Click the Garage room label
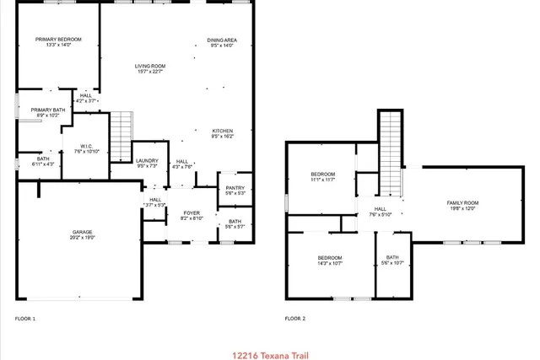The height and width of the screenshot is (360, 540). click(x=83, y=234)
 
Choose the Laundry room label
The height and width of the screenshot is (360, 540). click(x=147, y=163)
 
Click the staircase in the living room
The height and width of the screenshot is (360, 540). click(x=121, y=137)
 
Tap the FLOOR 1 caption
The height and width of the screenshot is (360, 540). click(x=25, y=319)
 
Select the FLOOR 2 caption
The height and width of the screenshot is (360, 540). click(x=294, y=319)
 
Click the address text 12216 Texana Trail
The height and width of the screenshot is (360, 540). click(x=269, y=355)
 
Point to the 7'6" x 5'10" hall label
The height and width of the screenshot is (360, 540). click(x=380, y=212)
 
